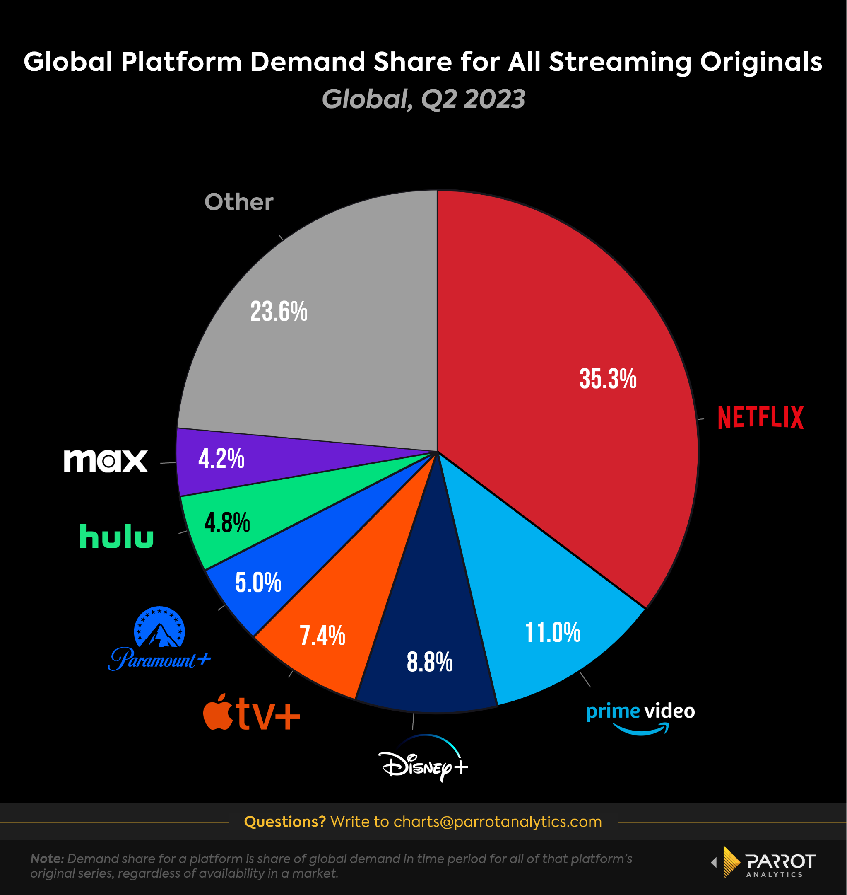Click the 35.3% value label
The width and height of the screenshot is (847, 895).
(x=608, y=379)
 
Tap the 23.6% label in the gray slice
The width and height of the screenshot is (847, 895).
(x=279, y=312)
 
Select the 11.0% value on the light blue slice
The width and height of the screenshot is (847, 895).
(x=553, y=633)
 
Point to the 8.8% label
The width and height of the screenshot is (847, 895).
(x=429, y=662)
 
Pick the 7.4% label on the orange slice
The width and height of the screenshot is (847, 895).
(x=322, y=636)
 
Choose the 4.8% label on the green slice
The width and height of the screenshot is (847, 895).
(x=227, y=523)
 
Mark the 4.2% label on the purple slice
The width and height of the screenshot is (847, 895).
(x=221, y=459)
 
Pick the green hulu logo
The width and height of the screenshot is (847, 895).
(x=116, y=536)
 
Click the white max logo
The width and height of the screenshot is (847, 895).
(x=106, y=461)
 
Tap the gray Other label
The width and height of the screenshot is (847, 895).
(x=239, y=202)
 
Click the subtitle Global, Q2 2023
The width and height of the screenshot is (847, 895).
(x=423, y=99)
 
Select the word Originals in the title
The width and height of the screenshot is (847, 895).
(x=761, y=62)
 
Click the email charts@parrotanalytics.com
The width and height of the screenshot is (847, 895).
(x=498, y=821)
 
